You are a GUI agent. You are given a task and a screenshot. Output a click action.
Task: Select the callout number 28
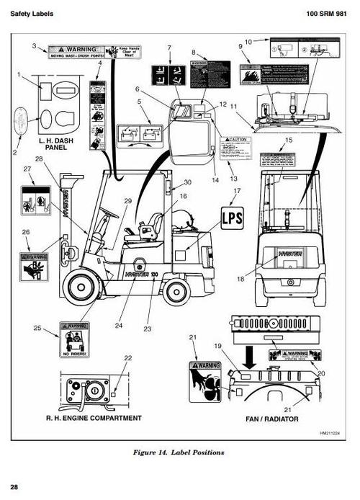[x=39, y=159]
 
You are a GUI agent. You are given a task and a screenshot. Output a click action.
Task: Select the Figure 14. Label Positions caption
[x=179, y=452]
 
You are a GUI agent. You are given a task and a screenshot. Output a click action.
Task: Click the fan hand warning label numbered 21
[x=204, y=381]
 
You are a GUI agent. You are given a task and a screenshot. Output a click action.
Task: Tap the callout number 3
[x=34, y=46]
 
